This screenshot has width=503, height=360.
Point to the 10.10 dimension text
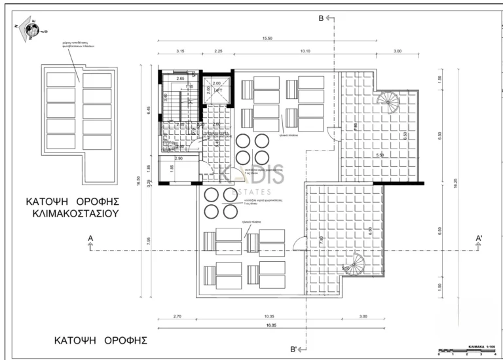tap(304, 51)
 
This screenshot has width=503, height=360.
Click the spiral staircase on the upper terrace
tap(387, 102)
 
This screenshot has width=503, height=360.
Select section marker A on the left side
tap(90, 239)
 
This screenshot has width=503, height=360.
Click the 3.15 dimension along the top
tap(179, 51)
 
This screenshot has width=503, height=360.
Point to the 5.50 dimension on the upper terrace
tap(379, 155)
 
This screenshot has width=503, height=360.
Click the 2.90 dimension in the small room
tap(178, 158)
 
